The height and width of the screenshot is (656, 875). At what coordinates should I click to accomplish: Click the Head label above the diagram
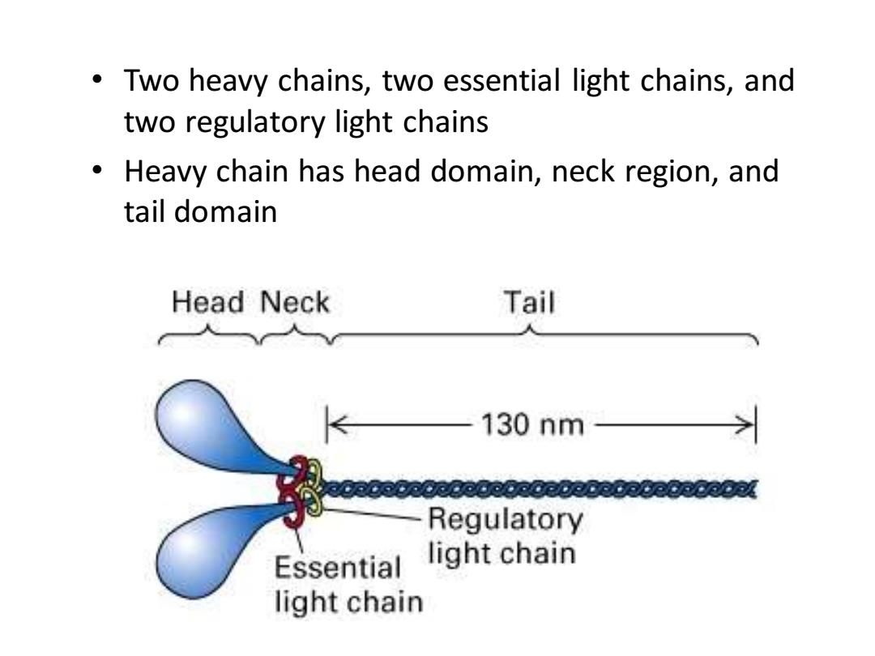(207, 303)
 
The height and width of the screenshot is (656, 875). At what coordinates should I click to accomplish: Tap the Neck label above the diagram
(295, 303)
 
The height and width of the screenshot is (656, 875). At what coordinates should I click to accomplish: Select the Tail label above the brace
(529, 303)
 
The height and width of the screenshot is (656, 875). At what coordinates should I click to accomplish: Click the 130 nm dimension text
(532, 425)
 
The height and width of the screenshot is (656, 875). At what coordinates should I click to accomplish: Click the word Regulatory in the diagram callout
(506, 519)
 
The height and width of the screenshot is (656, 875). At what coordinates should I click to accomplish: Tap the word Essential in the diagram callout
(338, 568)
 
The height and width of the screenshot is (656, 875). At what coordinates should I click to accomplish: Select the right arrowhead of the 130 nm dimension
(745, 425)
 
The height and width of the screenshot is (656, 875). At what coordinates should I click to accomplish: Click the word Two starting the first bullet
(150, 80)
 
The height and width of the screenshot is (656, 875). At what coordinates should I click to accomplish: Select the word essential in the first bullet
(502, 80)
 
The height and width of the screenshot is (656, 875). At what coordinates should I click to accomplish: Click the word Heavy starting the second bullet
(164, 172)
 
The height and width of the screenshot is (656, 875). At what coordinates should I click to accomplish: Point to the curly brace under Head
(209, 335)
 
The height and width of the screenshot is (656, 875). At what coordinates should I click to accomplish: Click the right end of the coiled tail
(754, 489)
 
